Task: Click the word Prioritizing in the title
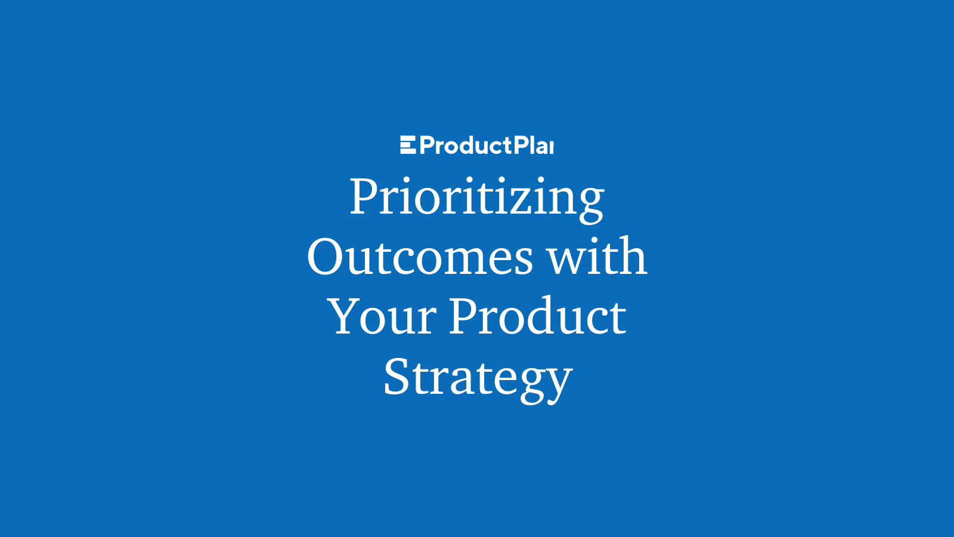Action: [476, 197]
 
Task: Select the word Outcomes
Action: [420, 257]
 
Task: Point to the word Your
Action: [382, 317]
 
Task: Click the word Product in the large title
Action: [537, 316]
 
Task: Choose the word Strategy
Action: [478, 378]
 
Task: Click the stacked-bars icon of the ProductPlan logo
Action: [408, 145]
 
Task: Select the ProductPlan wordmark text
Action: [487, 146]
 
